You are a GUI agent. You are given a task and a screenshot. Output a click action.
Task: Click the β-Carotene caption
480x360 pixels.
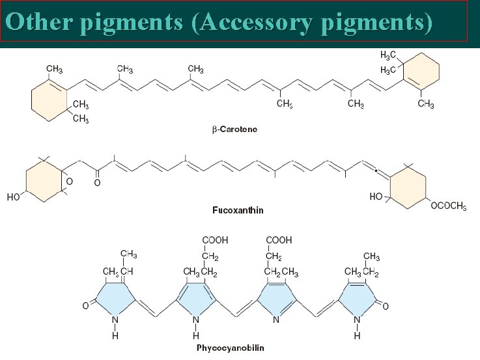coord(235,130)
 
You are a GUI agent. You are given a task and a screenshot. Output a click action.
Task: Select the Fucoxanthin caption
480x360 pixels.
coord(238,210)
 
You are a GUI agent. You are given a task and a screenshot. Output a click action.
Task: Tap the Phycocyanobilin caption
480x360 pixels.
coord(231,348)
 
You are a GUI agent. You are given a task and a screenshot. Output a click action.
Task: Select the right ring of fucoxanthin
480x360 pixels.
coord(406,185)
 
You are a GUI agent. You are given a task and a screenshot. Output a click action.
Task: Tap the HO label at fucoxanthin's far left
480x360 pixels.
coord(13,197)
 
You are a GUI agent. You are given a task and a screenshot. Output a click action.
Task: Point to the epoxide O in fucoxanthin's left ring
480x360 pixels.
coord(70,182)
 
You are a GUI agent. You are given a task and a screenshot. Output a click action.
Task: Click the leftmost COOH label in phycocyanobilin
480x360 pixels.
coord(216,241)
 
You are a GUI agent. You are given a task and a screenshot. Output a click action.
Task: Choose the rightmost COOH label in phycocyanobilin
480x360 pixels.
coord(279,241)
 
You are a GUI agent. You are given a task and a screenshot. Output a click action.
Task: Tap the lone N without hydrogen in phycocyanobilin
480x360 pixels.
coord(277,320)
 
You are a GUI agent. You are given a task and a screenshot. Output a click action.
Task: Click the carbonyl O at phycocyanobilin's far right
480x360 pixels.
coord(387,305)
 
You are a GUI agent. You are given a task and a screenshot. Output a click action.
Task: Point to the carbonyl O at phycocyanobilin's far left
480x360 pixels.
coord(85,305)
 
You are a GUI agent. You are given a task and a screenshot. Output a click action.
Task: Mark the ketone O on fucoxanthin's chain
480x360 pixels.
coord(97,183)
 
